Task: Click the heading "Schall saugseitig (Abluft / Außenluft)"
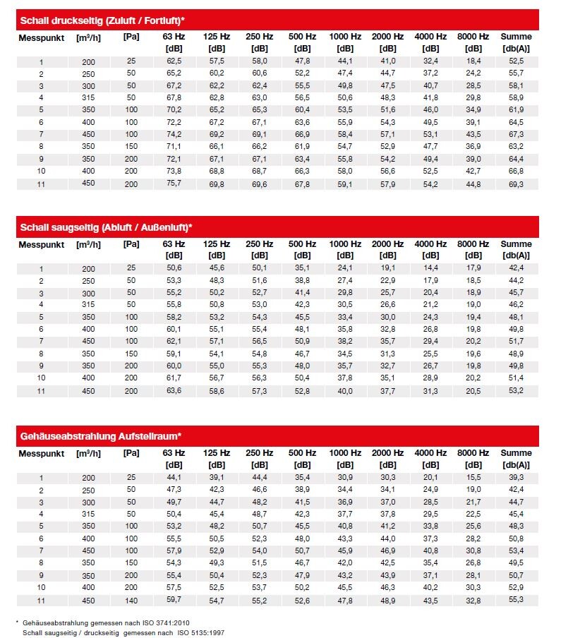[106, 227]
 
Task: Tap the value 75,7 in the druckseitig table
[174, 183]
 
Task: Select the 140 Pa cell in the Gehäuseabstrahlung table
[131, 599]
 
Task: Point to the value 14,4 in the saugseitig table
[430, 268]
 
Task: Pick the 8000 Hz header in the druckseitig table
[473, 36]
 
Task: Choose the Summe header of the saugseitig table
[516, 244]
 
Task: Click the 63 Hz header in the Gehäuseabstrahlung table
[174, 452]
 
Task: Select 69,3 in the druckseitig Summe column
[516, 183]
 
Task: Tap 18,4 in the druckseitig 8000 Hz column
[473, 61]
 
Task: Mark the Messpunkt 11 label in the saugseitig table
[41, 391]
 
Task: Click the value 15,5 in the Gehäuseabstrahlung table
[473, 478]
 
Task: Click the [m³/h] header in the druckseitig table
[88, 36]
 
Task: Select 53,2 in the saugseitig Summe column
[516, 391]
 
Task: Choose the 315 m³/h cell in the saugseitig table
[88, 305]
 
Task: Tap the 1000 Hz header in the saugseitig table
[345, 244]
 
